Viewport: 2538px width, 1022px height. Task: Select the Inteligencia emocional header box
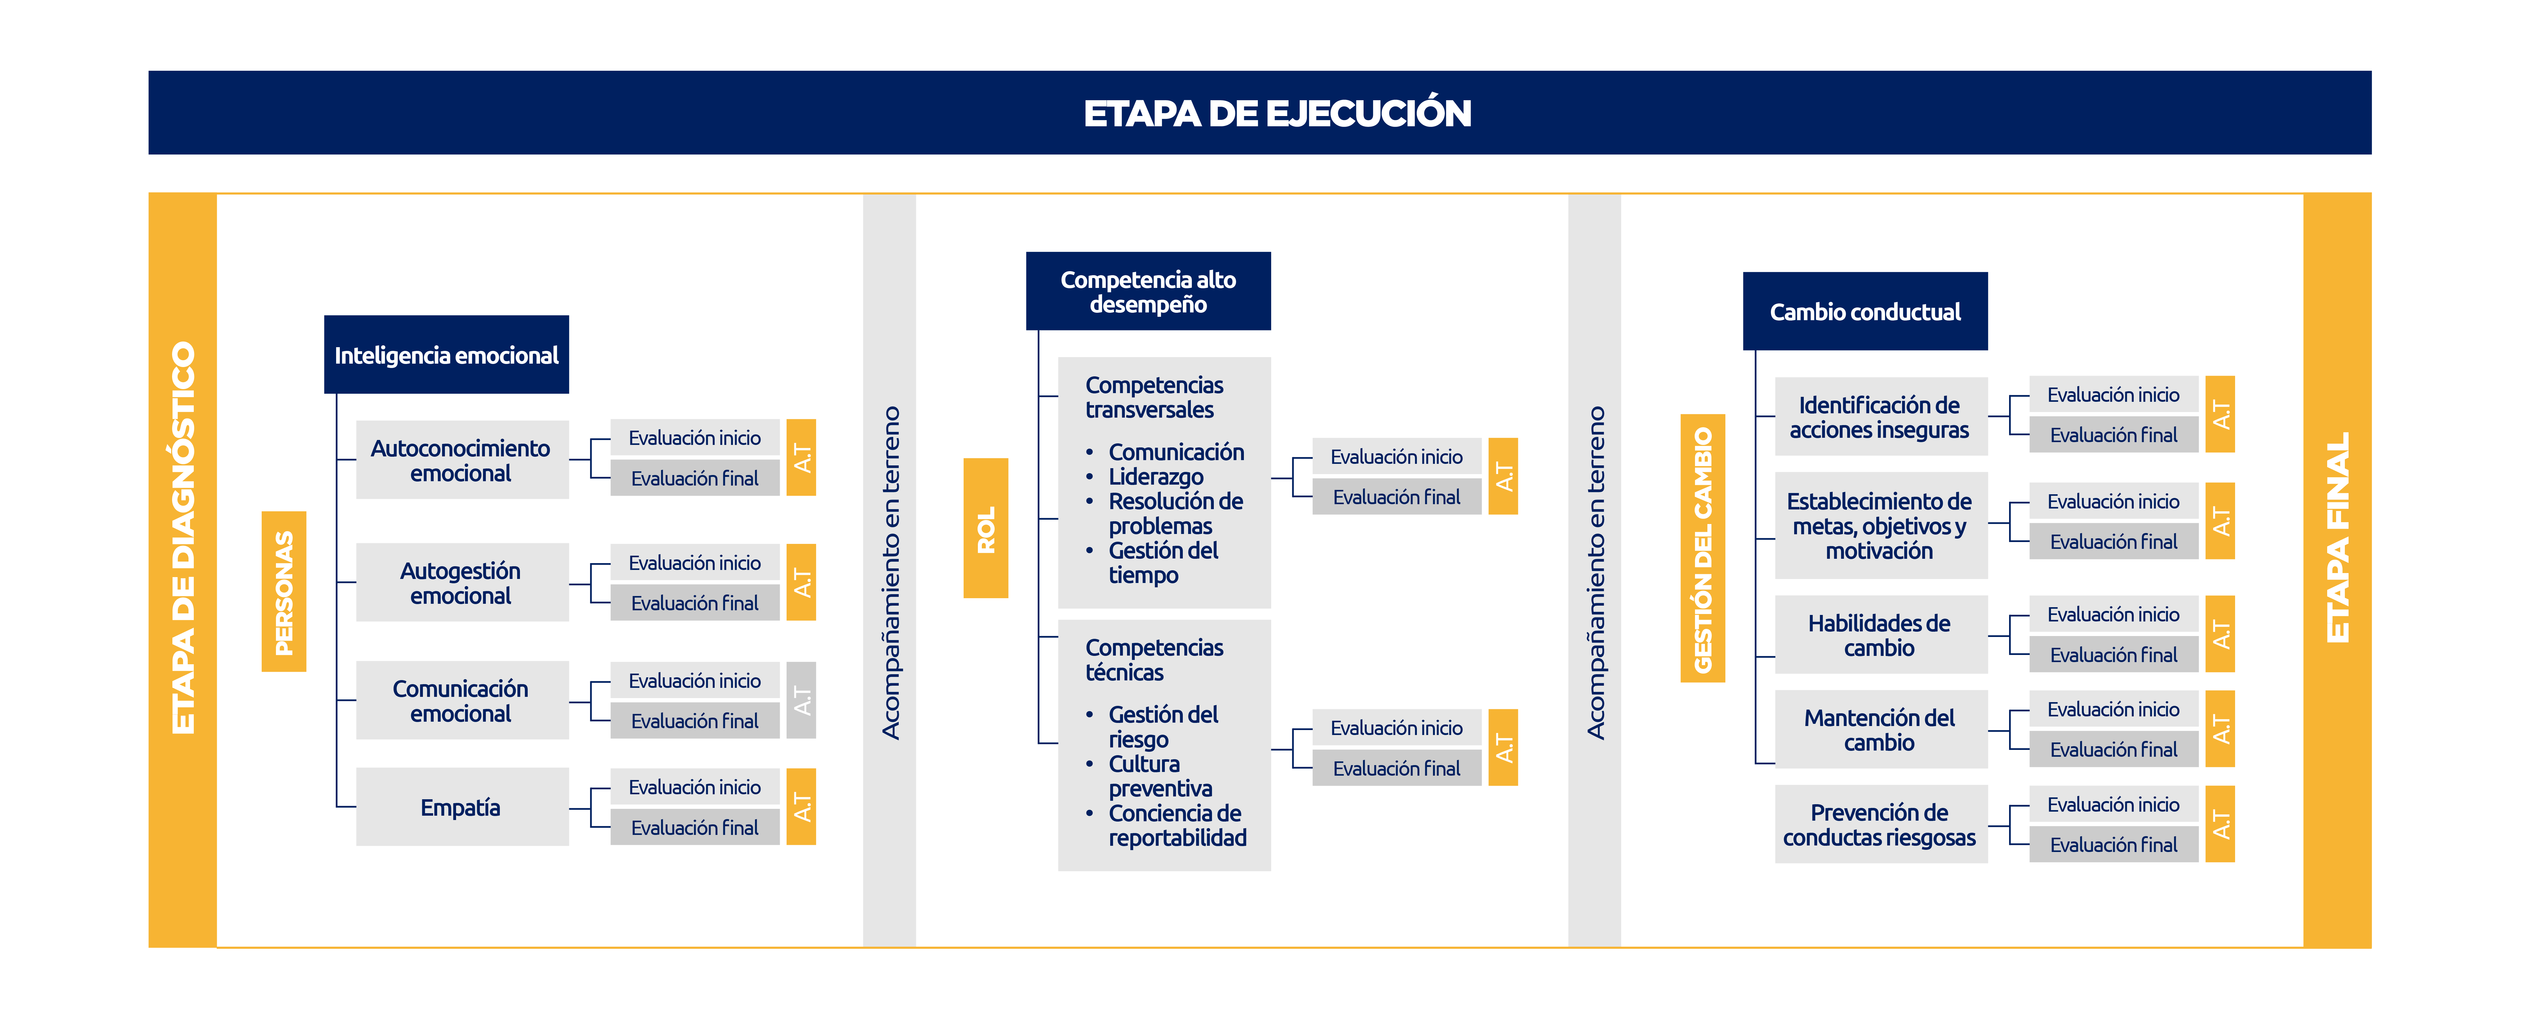(x=446, y=355)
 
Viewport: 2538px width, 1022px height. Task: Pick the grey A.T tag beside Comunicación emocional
(x=801, y=701)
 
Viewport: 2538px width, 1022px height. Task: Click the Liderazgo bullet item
(x=1156, y=477)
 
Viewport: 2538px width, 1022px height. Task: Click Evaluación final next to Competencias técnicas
(x=1397, y=769)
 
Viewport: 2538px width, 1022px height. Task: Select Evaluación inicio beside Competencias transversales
(x=1397, y=456)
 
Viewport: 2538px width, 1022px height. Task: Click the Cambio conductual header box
(x=1865, y=312)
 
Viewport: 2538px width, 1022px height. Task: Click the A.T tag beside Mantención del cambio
(x=2220, y=729)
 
